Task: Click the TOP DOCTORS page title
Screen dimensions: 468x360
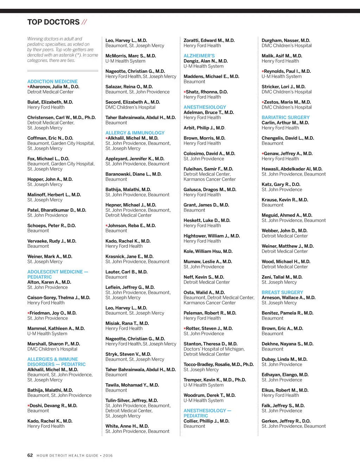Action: pos(53,22)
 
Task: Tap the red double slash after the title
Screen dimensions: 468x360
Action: pos(84,22)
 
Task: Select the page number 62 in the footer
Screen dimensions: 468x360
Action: pos(30,455)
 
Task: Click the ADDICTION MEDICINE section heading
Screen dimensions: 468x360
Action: pos(52,82)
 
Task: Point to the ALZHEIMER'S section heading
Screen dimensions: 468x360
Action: pos(199,56)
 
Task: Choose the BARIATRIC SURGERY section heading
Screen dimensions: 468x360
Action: pos(285,118)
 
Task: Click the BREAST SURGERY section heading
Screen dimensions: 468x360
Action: pos(282,292)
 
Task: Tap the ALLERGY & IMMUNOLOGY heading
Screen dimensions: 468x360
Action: pos(135,133)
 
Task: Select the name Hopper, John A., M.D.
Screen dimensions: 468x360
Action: pos(50,179)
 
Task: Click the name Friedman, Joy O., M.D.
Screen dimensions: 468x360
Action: pos(53,313)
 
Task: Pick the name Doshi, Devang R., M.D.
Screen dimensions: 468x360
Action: pos(53,406)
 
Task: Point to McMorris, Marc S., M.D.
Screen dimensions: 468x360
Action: pos(130,56)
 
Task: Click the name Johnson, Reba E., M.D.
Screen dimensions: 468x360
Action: pos(131,226)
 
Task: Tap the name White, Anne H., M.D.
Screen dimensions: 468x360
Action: pos(127,426)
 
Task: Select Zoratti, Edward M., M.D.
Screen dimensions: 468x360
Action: pos(209,40)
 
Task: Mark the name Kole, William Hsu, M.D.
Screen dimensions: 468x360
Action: pos(208,252)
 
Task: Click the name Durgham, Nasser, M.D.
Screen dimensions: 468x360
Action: pos(285,40)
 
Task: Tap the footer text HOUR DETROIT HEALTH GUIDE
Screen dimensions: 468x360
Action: pos(67,456)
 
